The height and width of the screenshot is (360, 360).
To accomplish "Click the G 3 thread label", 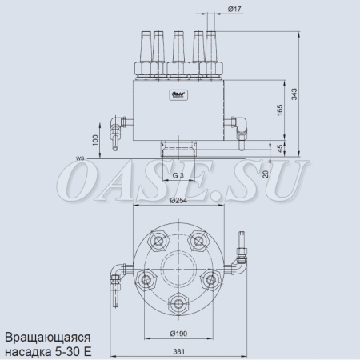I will (x=178, y=174).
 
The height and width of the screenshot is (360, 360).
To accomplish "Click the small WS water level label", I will (x=81, y=158).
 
